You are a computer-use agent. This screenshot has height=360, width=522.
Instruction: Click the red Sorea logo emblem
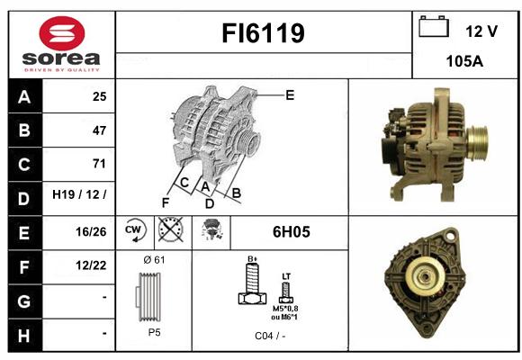(62, 33)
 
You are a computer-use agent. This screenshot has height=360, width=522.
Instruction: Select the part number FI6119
(263, 33)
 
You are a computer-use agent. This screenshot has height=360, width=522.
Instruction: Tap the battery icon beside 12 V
(434, 26)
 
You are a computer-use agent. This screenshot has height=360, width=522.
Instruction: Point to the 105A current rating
(464, 61)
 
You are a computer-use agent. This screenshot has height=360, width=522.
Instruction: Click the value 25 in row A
(100, 96)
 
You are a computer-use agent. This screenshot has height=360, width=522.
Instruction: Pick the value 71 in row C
(99, 164)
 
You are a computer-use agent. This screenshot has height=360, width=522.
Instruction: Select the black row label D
(24, 199)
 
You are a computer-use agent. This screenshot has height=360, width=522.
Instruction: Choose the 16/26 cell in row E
(91, 232)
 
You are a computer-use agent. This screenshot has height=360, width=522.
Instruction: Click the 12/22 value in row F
(91, 265)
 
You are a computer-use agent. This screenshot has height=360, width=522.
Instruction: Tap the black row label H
(24, 335)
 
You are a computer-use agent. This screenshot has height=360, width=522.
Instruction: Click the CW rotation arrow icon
(135, 229)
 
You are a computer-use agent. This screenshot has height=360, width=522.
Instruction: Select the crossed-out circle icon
(171, 229)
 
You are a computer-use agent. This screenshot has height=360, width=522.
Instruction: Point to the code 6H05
(292, 232)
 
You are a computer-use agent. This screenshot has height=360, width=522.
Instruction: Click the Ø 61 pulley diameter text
(154, 260)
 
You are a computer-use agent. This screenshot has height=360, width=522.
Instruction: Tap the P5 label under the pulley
(155, 332)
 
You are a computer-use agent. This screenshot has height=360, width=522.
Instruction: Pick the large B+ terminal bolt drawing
(253, 283)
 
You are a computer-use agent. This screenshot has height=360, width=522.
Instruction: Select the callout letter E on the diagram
(290, 95)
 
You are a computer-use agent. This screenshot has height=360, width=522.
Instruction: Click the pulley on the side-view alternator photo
(477, 143)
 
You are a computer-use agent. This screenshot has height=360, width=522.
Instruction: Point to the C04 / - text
(270, 336)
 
